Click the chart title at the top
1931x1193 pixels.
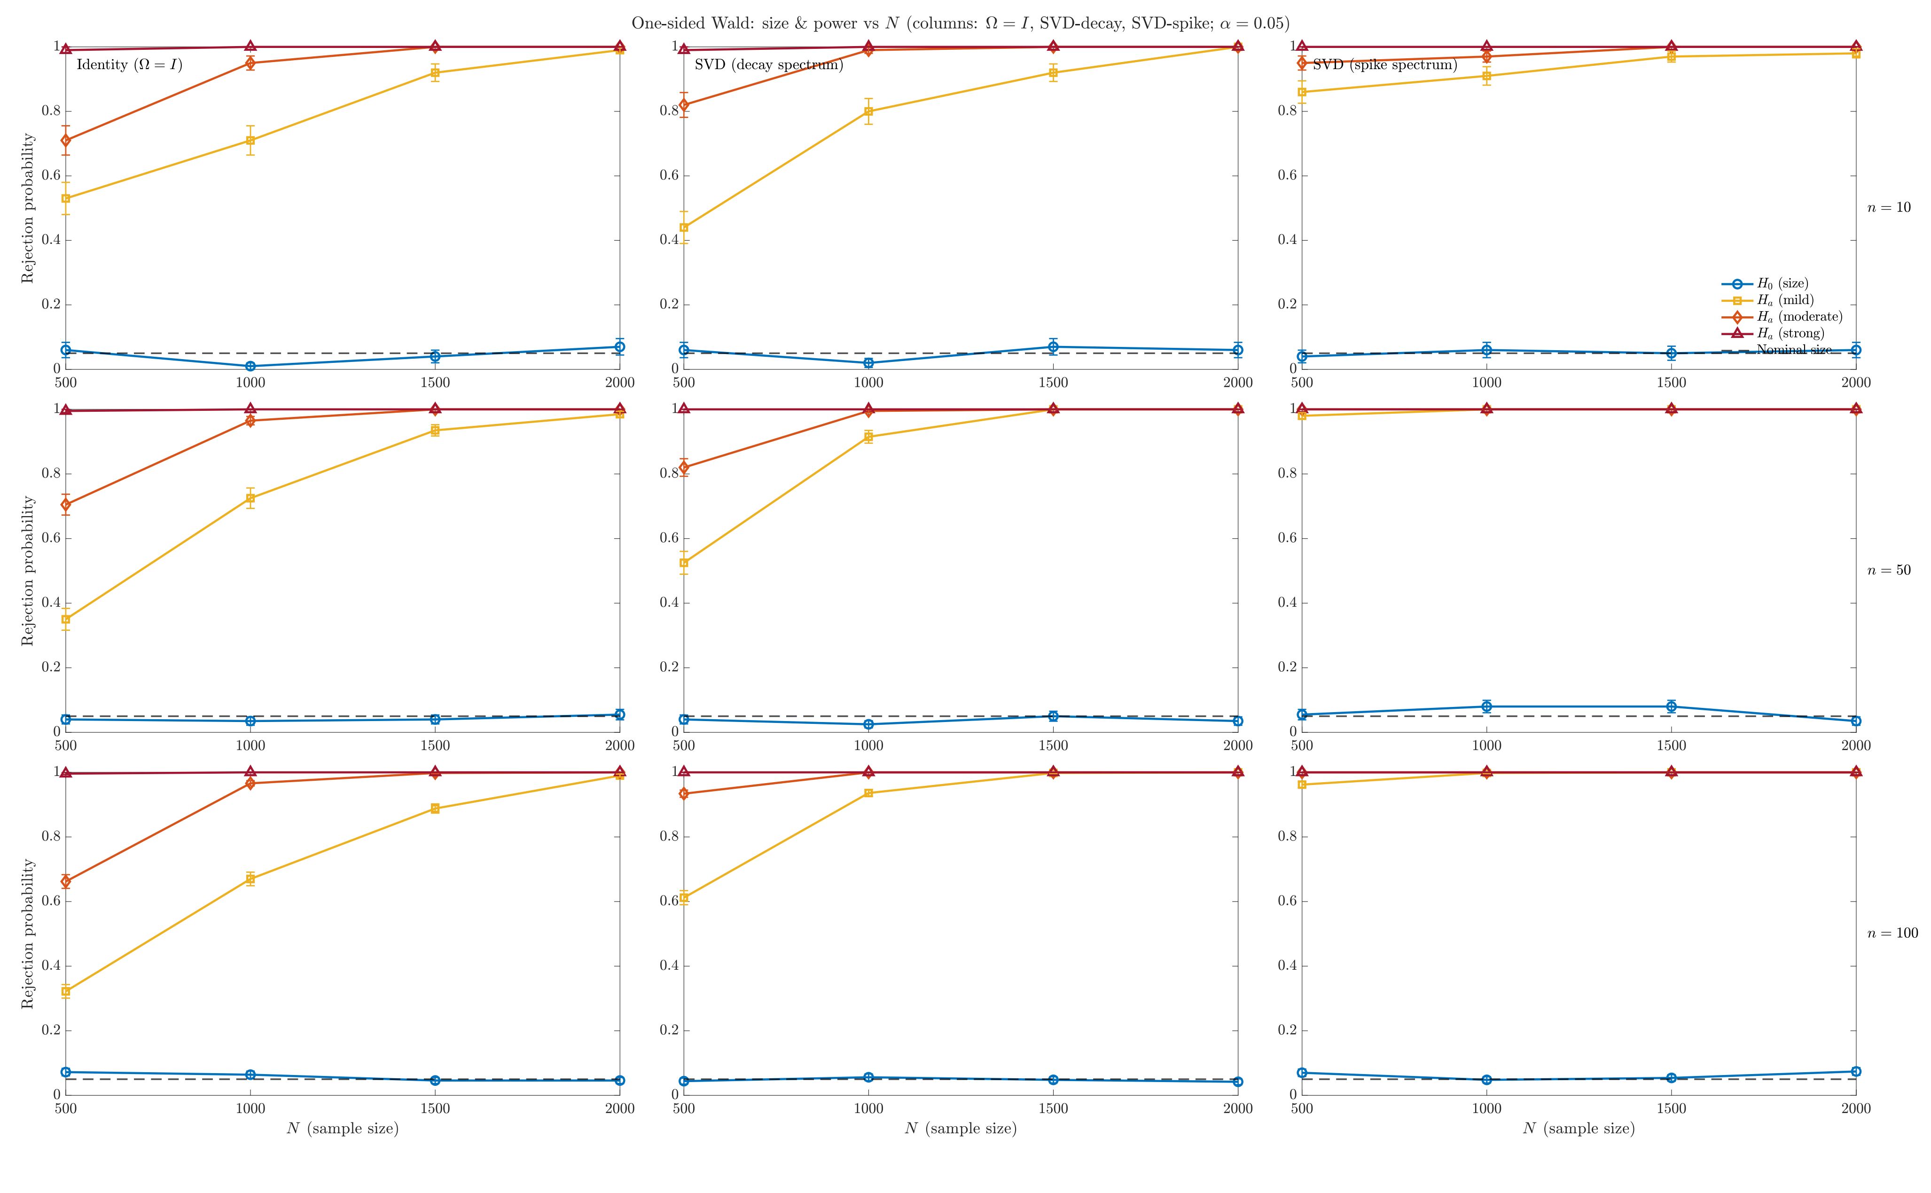pos(960,24)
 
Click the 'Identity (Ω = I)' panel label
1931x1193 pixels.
pos(129,65)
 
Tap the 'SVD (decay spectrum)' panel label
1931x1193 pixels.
pos(768,65)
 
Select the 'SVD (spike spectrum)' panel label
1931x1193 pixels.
pos(1384,65)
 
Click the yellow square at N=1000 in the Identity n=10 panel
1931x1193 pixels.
pos(250,141)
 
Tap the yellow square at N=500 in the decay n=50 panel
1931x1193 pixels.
pos(684,563)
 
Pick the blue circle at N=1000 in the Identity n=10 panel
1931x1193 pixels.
pos(250,366)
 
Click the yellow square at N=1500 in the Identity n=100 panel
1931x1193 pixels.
pos(435,809)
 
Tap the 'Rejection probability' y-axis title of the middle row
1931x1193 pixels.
pos(28,571)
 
